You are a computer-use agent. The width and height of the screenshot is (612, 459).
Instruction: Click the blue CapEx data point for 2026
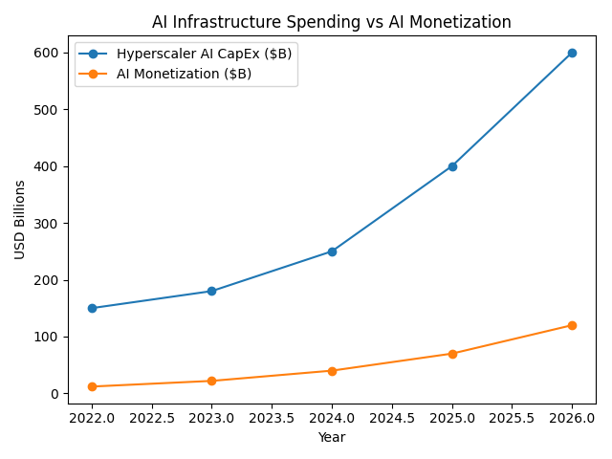pyautogui.click(x=572, y=53)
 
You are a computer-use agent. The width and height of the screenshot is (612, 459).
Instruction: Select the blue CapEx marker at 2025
pyautogui.click(x=452, y=166)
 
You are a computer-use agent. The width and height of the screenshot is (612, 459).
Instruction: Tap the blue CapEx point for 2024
pyautogui.click(x=332, y=251)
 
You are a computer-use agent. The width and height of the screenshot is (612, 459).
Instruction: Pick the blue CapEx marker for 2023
pyautogui.click(x=211, y=291)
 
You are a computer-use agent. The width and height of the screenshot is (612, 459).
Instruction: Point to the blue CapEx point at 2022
pyautogui.click(x=92, y=308)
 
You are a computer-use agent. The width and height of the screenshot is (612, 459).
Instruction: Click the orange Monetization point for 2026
pyautogui.click(x=572, y=325)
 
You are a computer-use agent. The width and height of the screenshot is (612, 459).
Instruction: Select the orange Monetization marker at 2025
pyautogui.click(x=452, y=354)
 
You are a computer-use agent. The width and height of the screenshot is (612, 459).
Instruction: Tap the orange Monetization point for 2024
pyautogui.click(x=332, y=371)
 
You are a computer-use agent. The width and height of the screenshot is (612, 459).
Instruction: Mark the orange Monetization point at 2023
pyautogui.click(x=211, y=381)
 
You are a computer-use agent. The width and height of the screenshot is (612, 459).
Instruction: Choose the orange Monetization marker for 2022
pyautogui.click(x=92, y=386)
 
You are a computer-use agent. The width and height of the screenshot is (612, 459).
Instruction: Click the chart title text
pyautogui.click(x=332, y=22)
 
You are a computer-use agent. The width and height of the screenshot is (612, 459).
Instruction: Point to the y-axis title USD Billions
pyautogui.click(x=20, y=219)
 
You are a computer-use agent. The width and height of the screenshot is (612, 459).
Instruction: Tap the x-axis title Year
pyautogui.click(x=332, y=437)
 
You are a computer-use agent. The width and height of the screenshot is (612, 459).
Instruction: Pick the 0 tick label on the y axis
pyautogui.click(x=54, y=394)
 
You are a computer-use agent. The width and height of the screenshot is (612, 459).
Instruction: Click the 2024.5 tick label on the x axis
pyautogui.click(x=392, y=418)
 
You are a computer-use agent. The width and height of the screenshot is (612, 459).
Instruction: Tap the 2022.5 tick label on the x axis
pyautogui.click(x=152, y=418)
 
